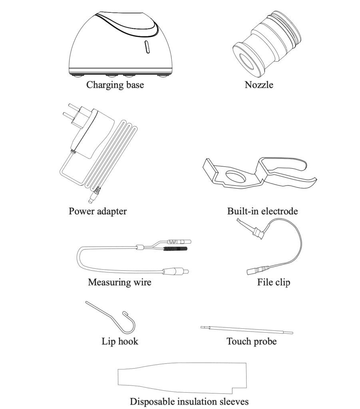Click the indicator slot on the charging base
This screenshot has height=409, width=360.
coord(147,47)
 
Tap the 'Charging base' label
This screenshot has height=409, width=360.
coord(115,85)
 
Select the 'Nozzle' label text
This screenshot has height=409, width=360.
coord(259,85)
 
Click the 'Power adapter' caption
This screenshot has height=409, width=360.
coord(97,211)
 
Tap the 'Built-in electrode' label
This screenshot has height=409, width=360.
coord(263,211)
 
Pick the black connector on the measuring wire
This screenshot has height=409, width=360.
coord(176,248)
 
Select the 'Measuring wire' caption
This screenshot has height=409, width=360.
coord(119,282)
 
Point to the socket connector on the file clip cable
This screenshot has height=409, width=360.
coord(258,270)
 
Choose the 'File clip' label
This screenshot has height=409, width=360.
coord(273,282)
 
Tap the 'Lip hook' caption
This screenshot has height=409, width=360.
coord(120,341)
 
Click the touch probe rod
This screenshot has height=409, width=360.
coord(247,330)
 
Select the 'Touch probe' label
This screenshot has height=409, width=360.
coord(251,341)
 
